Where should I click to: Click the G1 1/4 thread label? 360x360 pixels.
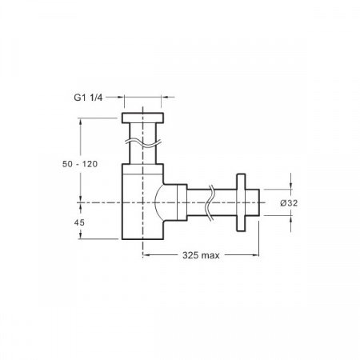point(88,98)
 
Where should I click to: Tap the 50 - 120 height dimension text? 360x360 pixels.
point(80,164)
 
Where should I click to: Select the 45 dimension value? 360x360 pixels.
point(79,222)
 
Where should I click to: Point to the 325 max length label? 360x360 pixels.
point(201,255)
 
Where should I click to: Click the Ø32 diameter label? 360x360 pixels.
point(289,203)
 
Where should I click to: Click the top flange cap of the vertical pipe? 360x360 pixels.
point(143,118)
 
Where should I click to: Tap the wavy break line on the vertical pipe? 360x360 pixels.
point(143,142)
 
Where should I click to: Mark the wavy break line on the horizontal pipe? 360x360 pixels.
point(210,202)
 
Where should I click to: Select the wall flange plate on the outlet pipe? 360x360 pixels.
point(241,202)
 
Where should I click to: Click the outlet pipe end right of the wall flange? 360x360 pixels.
point(252,202)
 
